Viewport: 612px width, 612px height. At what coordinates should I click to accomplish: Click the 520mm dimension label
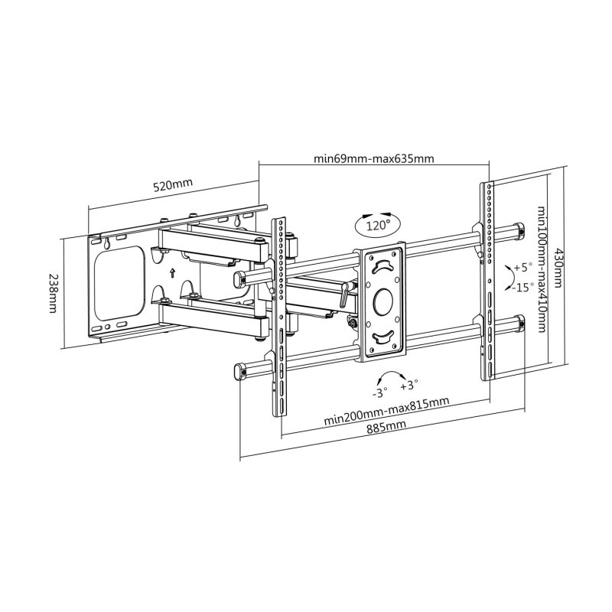173,185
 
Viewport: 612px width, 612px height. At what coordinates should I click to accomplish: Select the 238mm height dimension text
53,293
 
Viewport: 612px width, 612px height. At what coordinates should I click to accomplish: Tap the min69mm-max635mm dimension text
374,159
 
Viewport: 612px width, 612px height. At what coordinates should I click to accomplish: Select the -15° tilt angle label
524,288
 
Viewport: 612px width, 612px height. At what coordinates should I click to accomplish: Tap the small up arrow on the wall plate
172,272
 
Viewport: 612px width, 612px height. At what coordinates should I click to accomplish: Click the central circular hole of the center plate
382,300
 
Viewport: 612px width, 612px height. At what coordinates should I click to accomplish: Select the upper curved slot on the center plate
382,265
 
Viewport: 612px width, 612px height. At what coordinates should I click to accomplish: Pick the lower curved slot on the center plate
382,337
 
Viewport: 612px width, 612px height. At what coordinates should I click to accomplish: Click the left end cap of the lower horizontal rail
239,370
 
